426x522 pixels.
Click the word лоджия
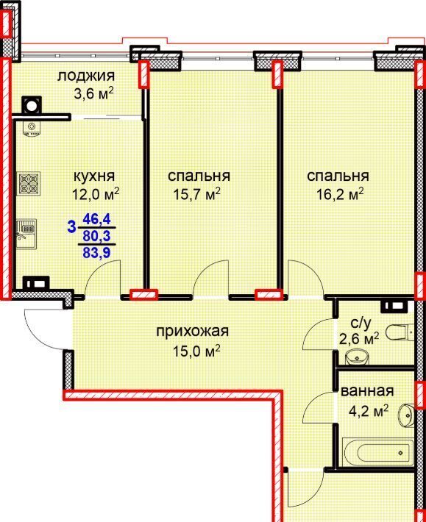click(86, 77)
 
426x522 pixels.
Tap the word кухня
click(94, 176)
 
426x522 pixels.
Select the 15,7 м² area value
click(197, 193)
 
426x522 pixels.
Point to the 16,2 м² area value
click(340, 193)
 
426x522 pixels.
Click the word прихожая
click(193, 332)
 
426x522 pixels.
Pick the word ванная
click(367, 391)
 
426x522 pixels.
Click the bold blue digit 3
click(71, 228)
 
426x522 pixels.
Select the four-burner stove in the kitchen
click(29, 183)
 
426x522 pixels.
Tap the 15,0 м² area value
click(196, 351)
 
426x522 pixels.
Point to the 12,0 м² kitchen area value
click(96, 193)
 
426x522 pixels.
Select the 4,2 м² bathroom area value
click(369, 412)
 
